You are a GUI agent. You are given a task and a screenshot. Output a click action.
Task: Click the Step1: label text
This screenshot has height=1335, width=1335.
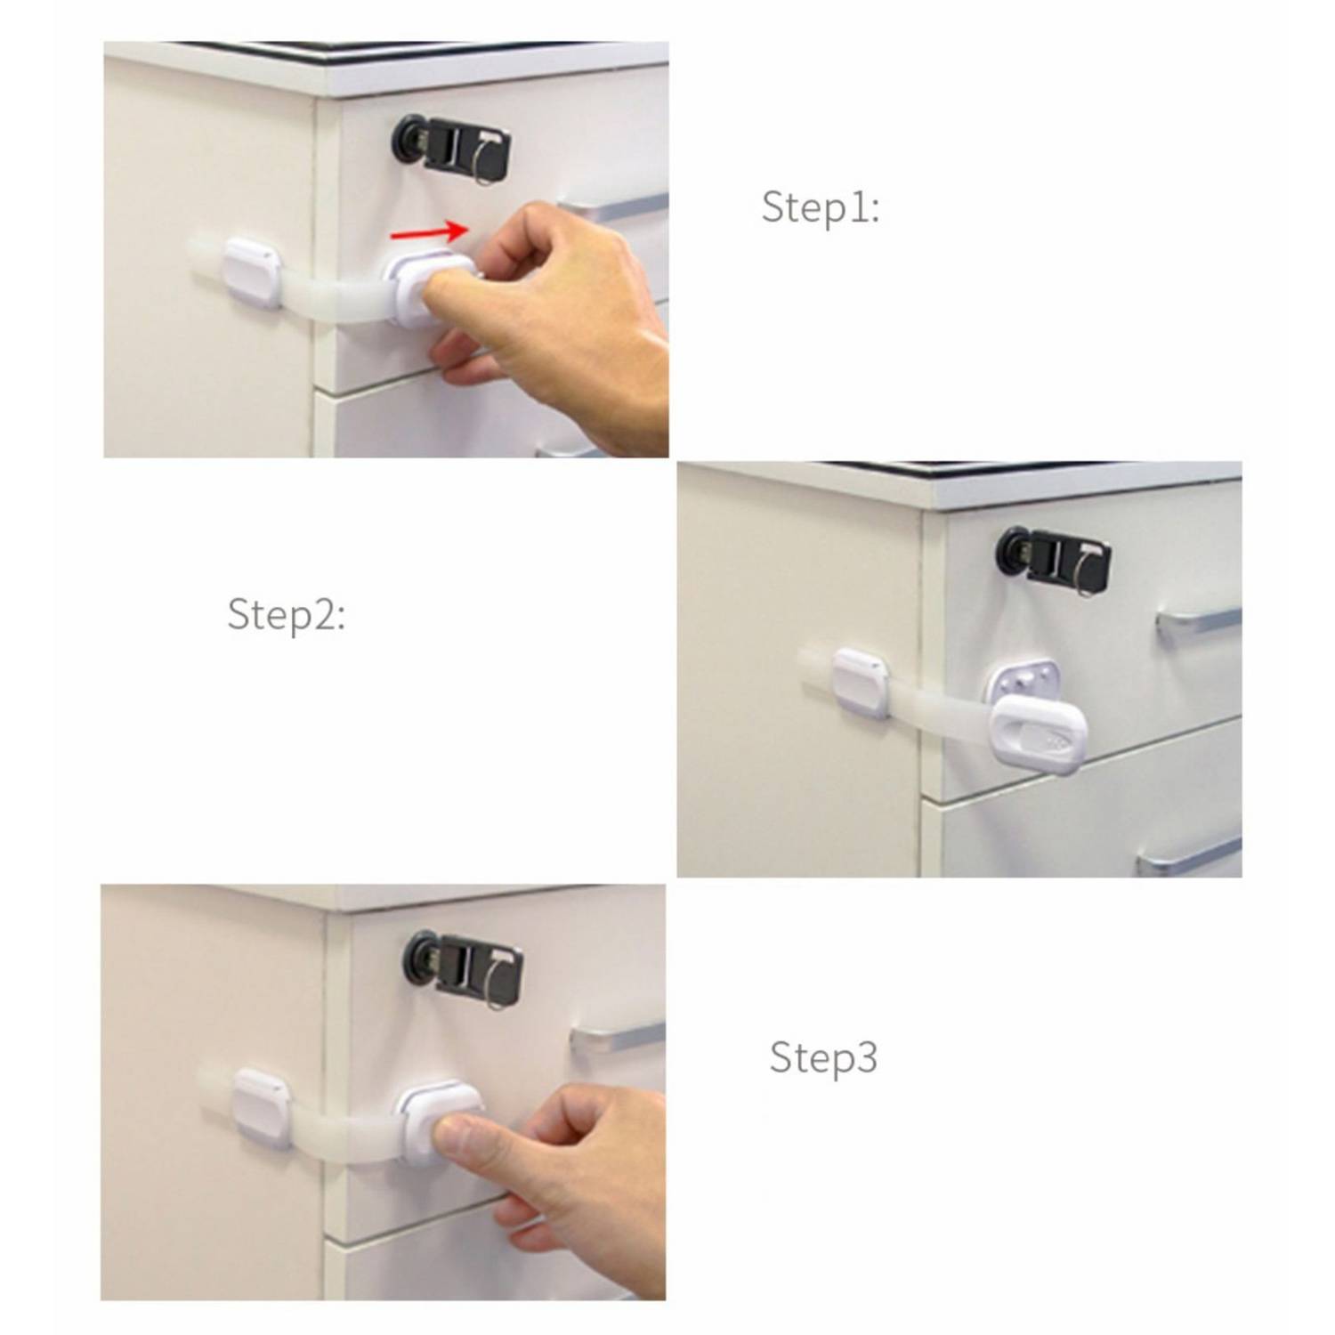tap(820, 207)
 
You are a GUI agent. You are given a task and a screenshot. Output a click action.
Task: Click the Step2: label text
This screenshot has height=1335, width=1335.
tap(286, 615)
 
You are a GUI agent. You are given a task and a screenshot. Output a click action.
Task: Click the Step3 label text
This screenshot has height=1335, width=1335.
tap(822, 1057)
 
